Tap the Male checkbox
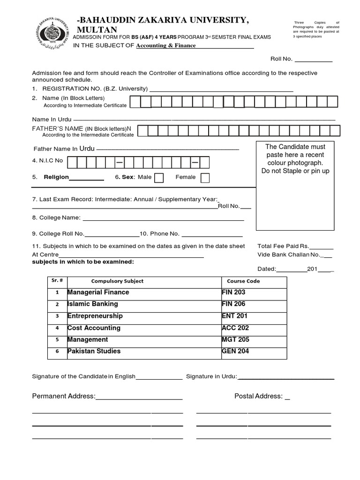pyautogui.click(x=159, y=178)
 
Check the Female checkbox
pyautogui.click(x=205, y=178)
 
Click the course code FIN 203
pyautogui.click(x=233, y=292)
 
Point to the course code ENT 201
pyautogui.click(x=234, y=316)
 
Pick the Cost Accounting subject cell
pyautogui.click(x=94, y=328)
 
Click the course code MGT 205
pyautogui.click(x=235, y=339)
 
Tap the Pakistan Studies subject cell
pyautogui.click(x=94, y=351)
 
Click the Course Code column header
pyautogui.click(x=243, y=281)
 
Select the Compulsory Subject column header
pyautogui.click(x=117, y=281)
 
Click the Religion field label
pyautogui.click(x=56, y=177)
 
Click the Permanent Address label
pyautogui.click(x=64, y=396)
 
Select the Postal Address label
pyautogui.click(x=258, y=396)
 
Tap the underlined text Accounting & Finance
pyautogui.click(x=165, y=45)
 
